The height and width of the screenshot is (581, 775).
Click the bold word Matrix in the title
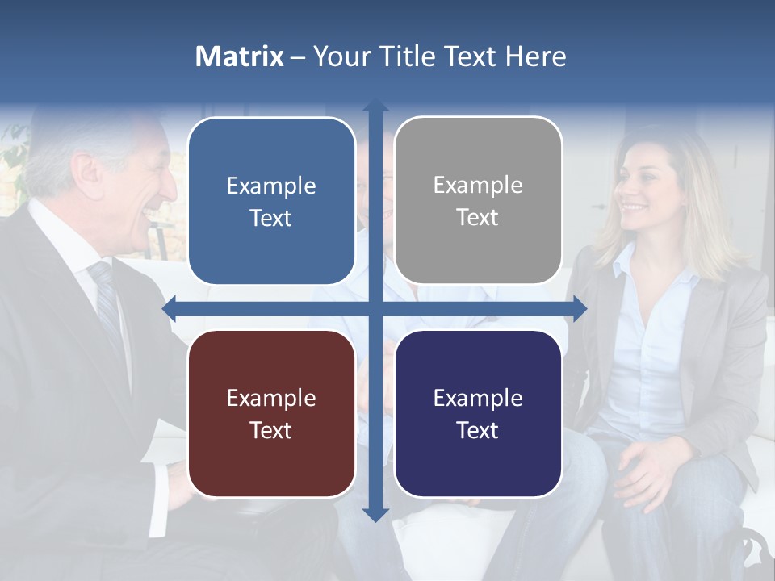(240, 56)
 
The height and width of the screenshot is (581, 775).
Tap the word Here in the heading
(536, 56)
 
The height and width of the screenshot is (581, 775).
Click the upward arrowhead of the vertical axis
(375, 106)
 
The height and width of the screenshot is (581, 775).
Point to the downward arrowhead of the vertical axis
(375, 514)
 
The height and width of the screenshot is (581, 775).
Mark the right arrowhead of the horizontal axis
(580, 309)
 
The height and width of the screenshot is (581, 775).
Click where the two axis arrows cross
(375, 309)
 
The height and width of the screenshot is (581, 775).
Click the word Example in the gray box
(478, 186)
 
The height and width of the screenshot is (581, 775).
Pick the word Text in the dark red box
(271, 430)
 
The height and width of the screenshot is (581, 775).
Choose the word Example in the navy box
(478, 398)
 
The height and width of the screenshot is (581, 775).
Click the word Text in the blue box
(271, 218)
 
